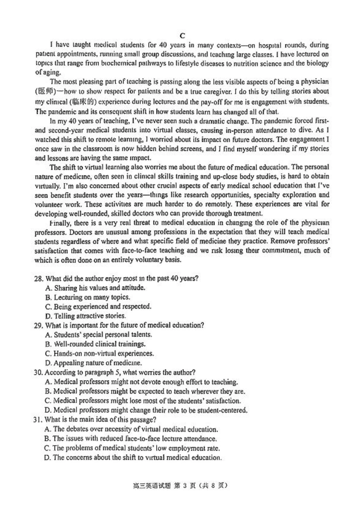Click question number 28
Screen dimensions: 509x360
tap(38, 279)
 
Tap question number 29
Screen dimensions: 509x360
tap(38, 326)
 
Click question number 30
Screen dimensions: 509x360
tap(38, 373)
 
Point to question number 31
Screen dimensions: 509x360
tap(38, 420)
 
